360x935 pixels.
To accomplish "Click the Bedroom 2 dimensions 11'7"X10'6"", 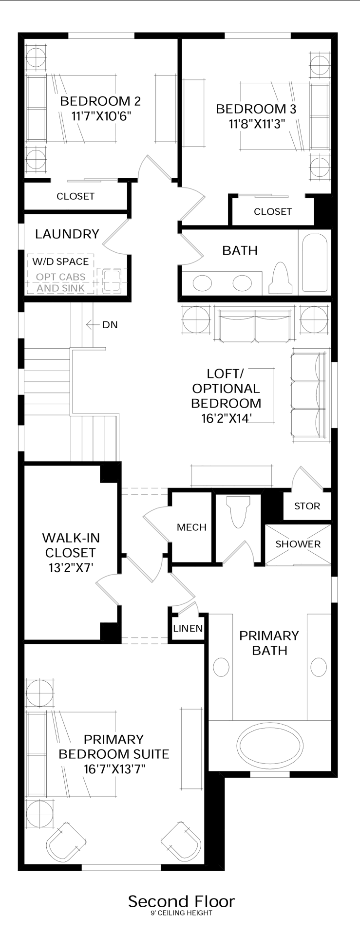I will [101, 116].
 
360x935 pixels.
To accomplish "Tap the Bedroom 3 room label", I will [256, 109].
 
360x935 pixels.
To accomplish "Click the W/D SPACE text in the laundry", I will [60, 262].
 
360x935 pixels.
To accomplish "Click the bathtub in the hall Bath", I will [315, 263].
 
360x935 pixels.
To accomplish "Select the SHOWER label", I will [298, 544].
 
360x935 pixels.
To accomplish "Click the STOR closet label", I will [307, 506].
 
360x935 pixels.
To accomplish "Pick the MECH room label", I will [191, 527].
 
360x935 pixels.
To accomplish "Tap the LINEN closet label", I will [188, 628].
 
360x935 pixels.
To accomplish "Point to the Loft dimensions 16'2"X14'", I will [226, 418].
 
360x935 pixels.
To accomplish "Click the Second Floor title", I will [181, 901].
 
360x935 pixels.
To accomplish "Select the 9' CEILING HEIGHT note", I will [181, 913].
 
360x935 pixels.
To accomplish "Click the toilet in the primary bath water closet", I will [239, 514].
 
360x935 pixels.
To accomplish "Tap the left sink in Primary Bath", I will [221, 667].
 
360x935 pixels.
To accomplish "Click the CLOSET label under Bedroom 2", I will [76, 196].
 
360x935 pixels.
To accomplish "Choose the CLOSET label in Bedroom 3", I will [273, 211].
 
